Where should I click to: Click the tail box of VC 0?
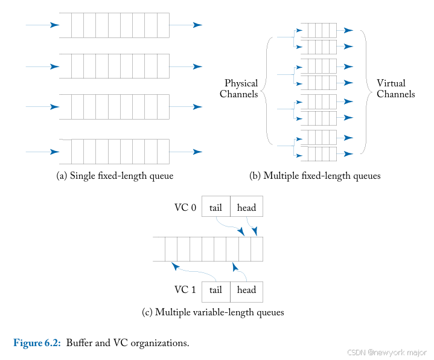click(215, 208)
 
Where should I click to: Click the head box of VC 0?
click(246, 208)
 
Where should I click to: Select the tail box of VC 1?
click(215, 290)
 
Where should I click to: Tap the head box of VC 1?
click(246, 290)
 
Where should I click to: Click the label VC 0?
click(185, 208)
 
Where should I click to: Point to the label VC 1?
click(185, 290)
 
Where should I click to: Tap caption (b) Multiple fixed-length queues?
click(314, 176)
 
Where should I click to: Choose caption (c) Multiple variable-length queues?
click(212, 313)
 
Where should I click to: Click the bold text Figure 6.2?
click(37, 343)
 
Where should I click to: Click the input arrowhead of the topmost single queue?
click(55, 25)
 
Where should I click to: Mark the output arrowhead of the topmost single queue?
click(197, 25)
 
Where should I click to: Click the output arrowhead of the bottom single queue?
click(197, 151)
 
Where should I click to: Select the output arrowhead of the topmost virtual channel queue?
click(348, 30)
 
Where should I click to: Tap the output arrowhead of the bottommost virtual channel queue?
click(348, 154)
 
